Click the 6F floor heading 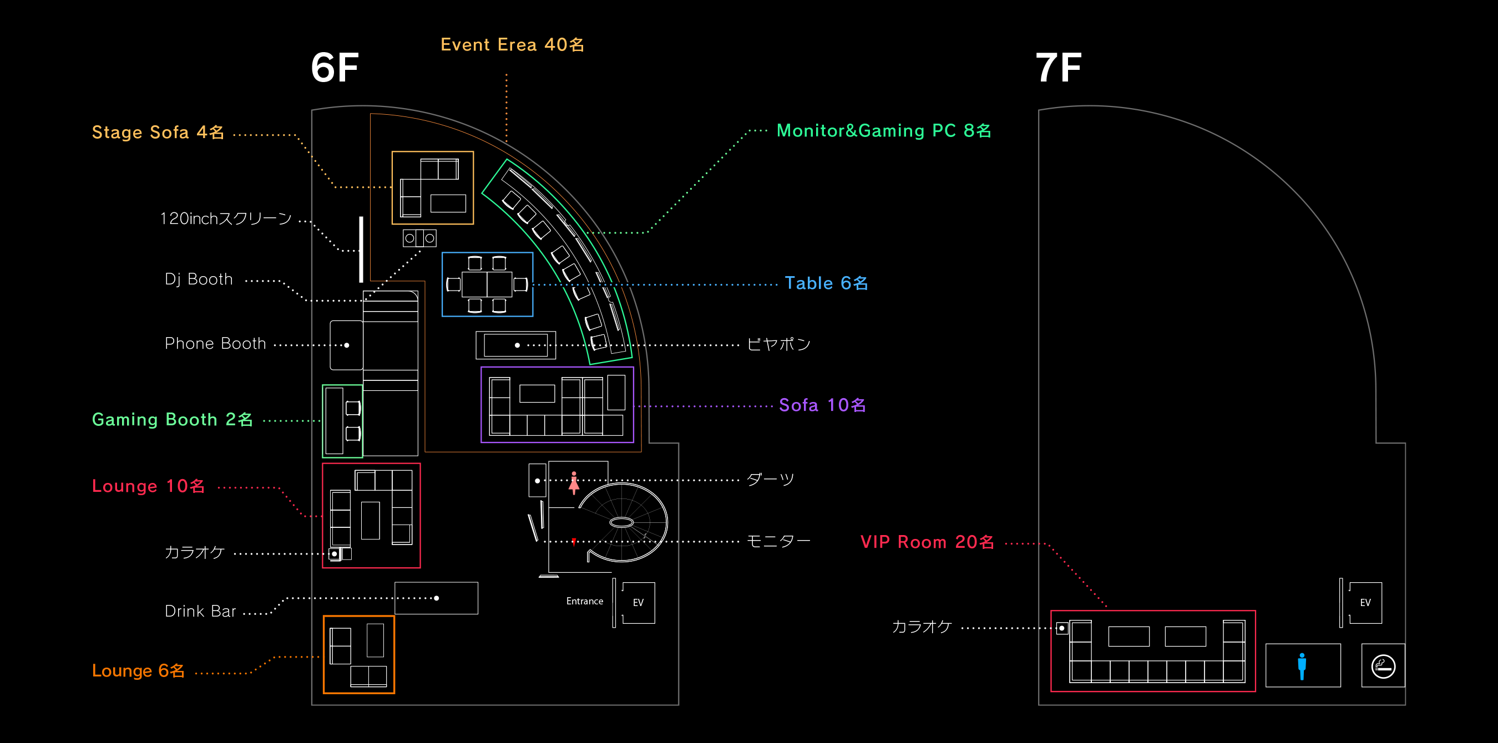[x=335, y=68]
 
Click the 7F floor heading [x=1059, y=68]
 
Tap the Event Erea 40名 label [x=512, y=45]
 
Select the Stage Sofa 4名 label [x=158, y=133]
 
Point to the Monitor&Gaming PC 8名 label [x=883, y=131]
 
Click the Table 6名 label [x=826, y=283]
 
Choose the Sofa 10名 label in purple [x=822, y=405]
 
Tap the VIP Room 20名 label [x=927, y=542]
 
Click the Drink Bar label [x=200, y=611]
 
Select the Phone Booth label [x=215, y=344]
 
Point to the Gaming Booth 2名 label [x=172, y=419]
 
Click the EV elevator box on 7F [x=1365, y=603]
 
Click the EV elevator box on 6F [x=638, y=603]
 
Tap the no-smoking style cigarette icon [x=1383, y=666]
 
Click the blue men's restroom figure [x=1302, y=666]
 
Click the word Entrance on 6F [x=584, y=601]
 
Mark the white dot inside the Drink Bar [x=437, y=598]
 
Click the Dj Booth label [x=198, y=279]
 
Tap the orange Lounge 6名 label [x=138, y=670]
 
